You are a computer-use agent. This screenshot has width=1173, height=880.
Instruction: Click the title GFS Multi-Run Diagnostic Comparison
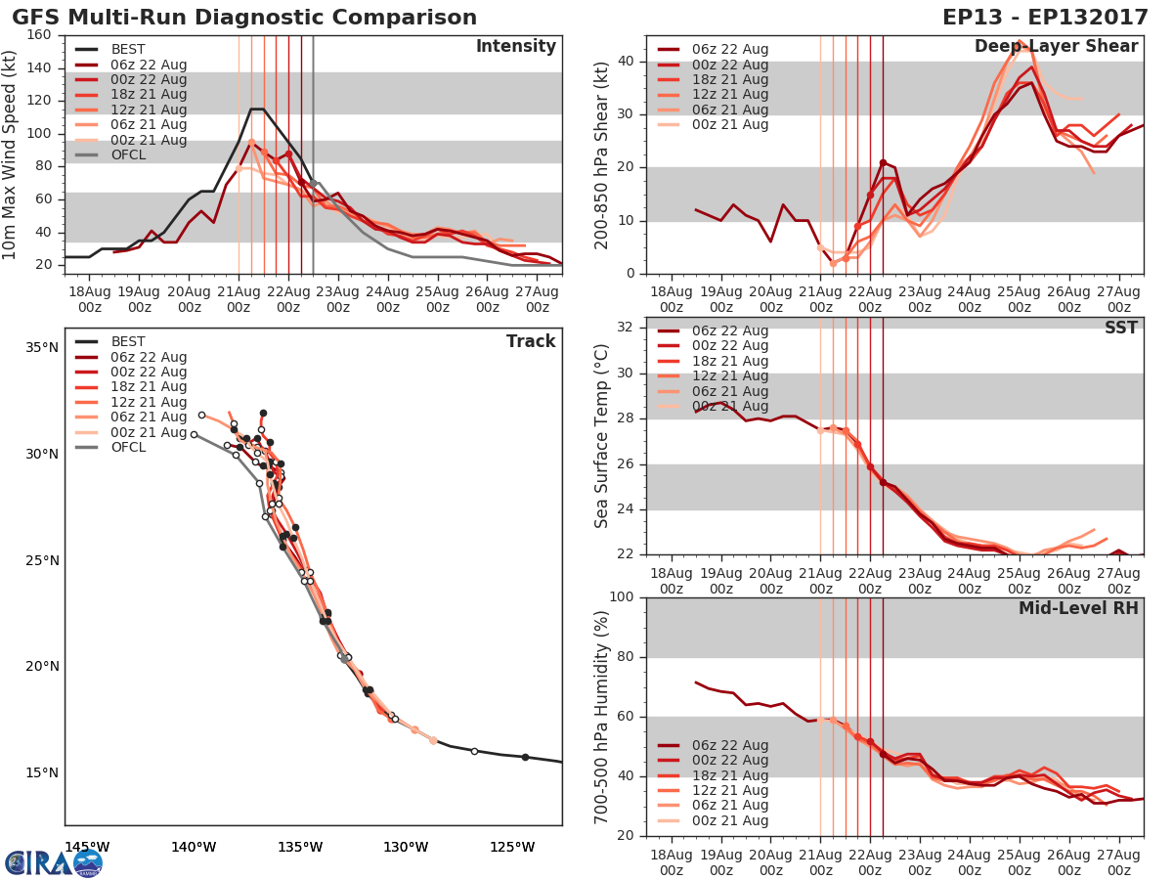pos(244,18)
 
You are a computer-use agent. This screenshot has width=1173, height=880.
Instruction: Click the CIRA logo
pos(54,862)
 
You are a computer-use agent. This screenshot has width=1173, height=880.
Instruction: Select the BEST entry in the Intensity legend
pos(128,49)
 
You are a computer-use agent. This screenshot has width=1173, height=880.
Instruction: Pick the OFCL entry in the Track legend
pos(128,447)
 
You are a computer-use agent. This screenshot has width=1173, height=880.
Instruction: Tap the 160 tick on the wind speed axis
pos(39,35)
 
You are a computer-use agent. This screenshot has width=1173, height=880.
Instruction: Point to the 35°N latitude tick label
pos(41,347)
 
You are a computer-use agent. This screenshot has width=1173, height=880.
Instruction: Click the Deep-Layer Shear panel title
pos(1056,47)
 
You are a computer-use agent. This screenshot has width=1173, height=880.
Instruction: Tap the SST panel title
pos(1120,328)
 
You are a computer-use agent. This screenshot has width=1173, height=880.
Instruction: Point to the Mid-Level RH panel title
pos(1077,608)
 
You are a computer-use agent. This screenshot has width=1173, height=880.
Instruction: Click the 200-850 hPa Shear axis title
pos(602,154)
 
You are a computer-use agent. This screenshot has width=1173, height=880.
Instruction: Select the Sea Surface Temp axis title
pos(602,436)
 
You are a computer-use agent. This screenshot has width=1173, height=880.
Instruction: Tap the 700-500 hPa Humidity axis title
pos(602,717)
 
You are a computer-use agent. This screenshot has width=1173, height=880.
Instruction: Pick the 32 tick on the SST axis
pos(626,328)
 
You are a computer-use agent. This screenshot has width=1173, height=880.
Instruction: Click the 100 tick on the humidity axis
pos(621,597)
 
